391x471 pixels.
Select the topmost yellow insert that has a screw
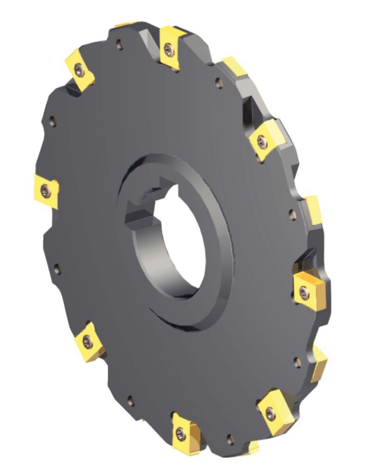(x=171, y=48)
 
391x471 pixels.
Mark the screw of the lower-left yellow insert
(x=88, y=341)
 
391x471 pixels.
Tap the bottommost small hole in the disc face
(x=229, y=438)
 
